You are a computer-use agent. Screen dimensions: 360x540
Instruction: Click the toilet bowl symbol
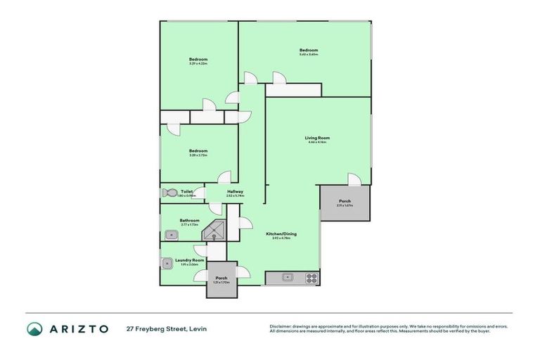[170, 192]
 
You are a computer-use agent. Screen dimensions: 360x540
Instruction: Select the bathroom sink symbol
[169, 235]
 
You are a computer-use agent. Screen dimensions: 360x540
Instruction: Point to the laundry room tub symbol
[167, 264]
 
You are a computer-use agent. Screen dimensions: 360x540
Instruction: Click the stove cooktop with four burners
[310, 278]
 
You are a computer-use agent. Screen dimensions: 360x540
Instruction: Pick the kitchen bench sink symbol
[288, 278]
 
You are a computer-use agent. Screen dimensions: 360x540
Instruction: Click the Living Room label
[317, 137]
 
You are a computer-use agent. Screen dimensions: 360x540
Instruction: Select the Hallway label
[235, 191]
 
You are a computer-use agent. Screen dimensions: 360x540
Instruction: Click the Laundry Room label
[189, 260]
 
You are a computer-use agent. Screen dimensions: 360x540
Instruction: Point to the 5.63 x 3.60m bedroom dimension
[309, 55]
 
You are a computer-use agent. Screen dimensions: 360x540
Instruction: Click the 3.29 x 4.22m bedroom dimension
[198, 64]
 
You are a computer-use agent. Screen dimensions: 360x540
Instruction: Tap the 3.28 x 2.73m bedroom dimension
[198, 155]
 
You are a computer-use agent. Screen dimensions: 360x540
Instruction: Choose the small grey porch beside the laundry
[221, 280]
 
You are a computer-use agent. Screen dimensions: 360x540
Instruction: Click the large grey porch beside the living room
[345, 203]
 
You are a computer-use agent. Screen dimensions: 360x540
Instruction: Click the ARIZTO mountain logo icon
[35, 329]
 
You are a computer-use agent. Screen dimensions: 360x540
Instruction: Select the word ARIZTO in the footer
[78, 329]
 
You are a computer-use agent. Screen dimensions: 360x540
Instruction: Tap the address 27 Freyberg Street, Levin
[166, 329]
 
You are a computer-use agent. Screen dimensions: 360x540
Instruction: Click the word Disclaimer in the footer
[281, 326]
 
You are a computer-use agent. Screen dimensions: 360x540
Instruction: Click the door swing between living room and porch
[354, 180]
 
